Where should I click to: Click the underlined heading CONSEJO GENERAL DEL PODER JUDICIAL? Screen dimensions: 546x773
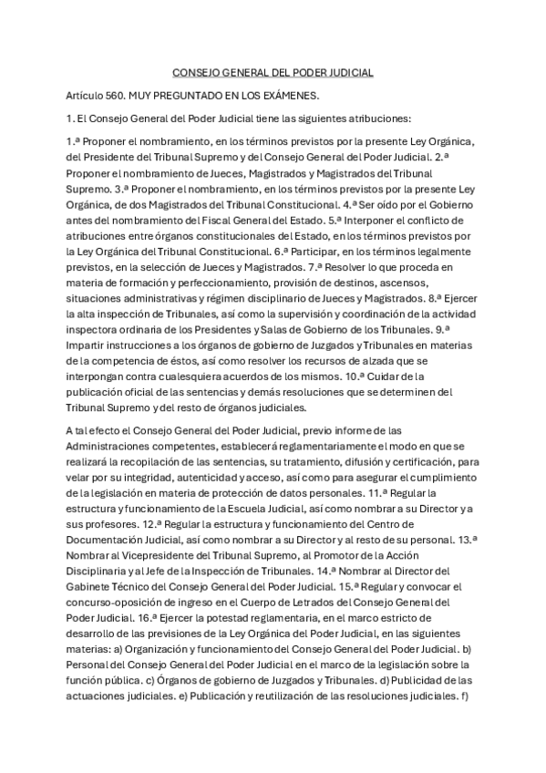[x=273, y=72]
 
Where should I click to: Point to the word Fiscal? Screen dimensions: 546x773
[x=256, y=222]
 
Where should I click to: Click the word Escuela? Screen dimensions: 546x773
[x=278, y=508]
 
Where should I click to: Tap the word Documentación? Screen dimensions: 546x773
[x=108, y=540]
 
